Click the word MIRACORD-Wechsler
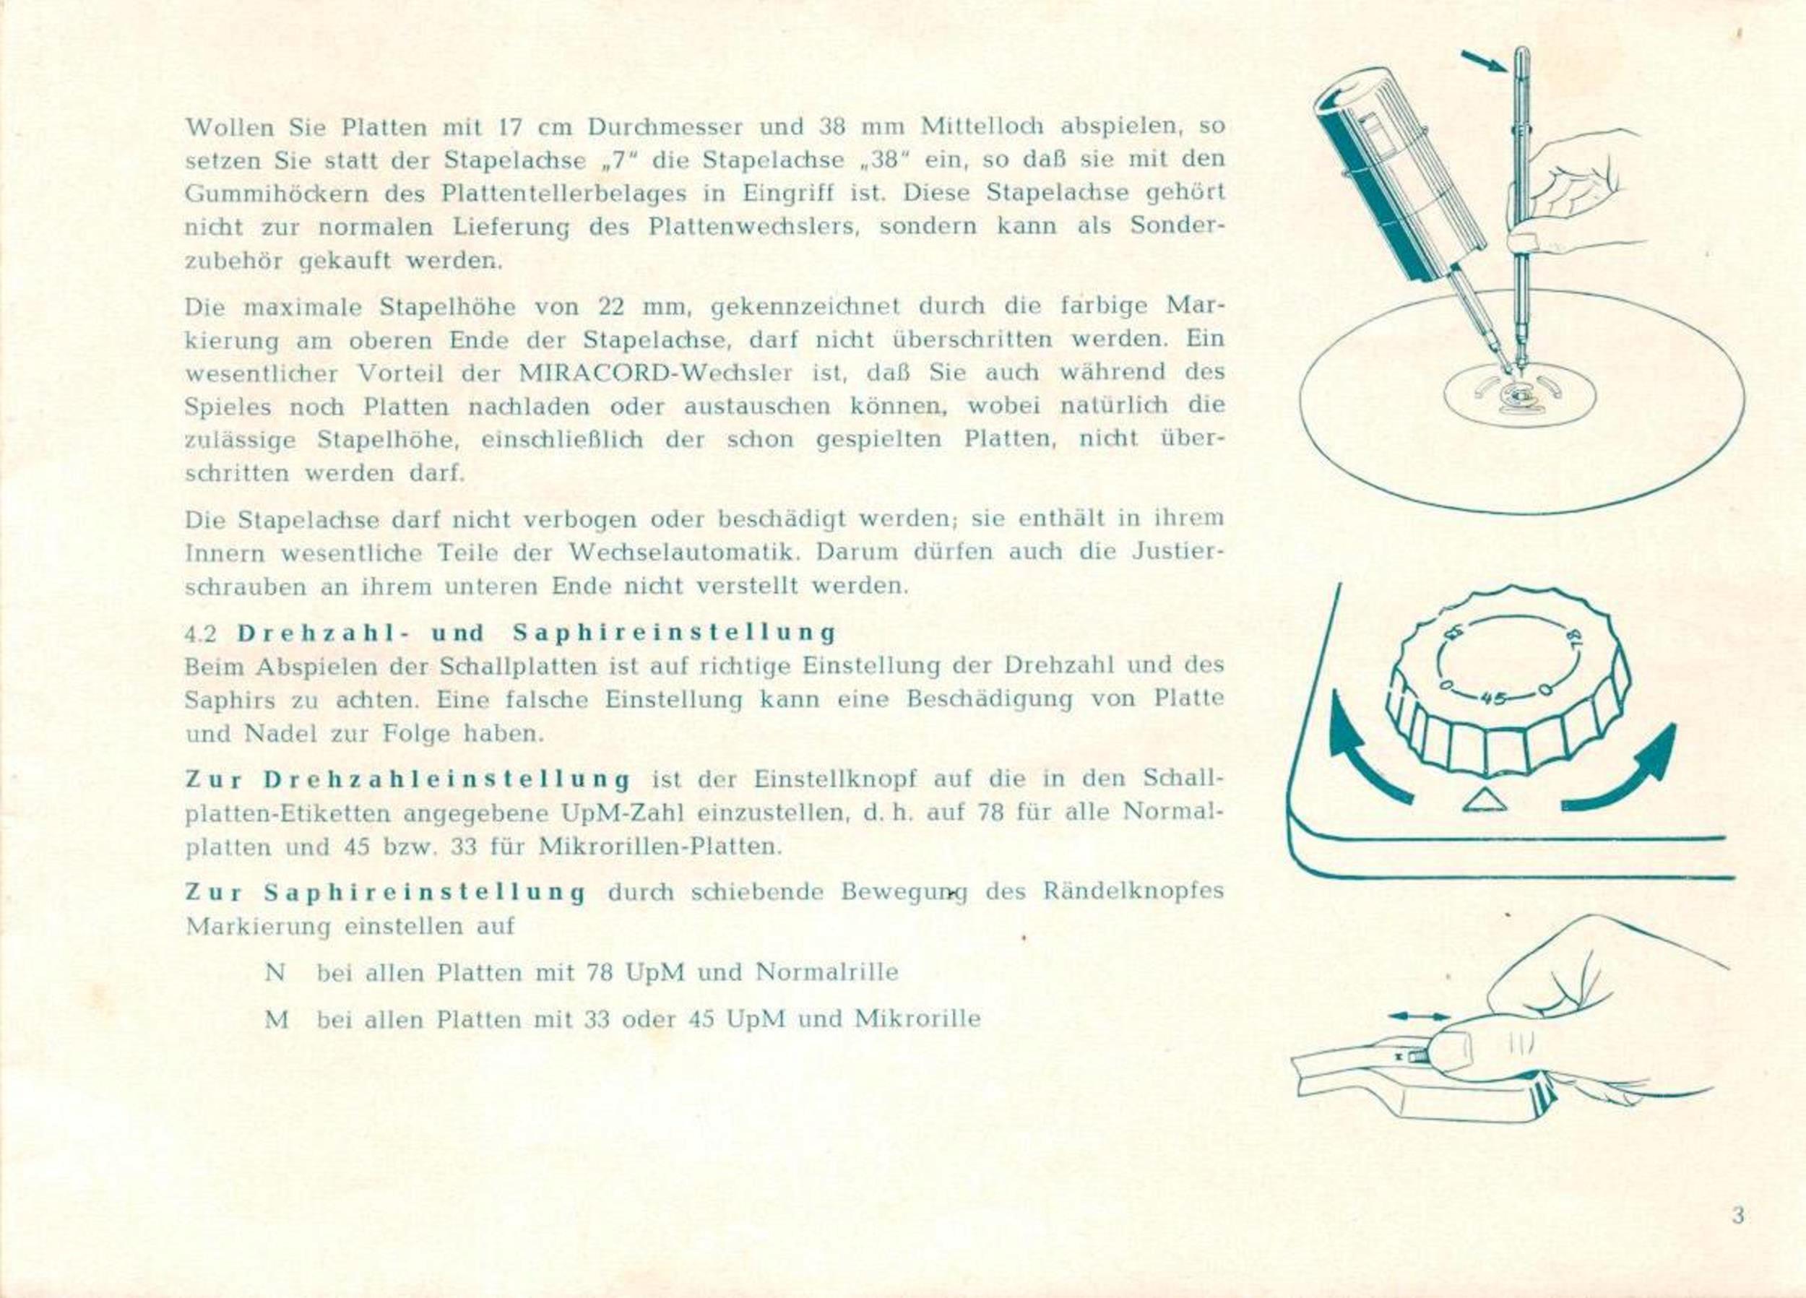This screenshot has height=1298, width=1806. tap(654, 373)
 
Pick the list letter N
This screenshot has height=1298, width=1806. tap(275, 972)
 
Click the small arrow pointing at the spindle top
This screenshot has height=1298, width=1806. tap(1484, 61)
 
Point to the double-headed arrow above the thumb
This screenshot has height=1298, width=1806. tap(1419, 1016)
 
